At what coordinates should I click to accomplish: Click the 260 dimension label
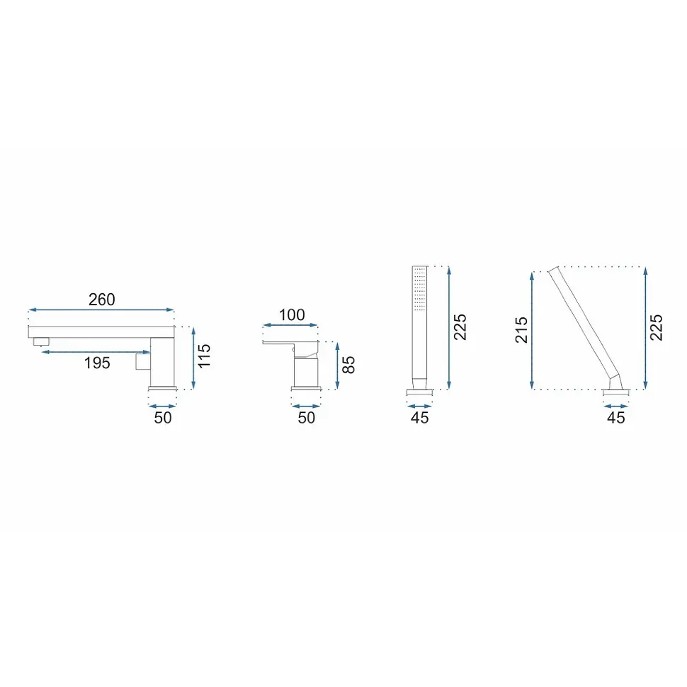tap(102, 300)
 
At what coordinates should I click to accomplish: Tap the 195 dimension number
tap(97, 363)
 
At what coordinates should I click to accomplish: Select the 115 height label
tap(204, 356)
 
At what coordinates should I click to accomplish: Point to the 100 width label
tap(292, 314)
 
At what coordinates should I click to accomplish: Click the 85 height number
tap(348, 365)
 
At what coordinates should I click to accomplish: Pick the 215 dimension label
tap(521, 330)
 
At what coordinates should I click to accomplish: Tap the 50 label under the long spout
tap(163, 418)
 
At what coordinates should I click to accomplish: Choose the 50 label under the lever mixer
tap(307, 418)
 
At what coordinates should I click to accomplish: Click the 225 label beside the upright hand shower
tap(460, 327)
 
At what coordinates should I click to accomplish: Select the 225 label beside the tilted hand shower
tap(656, 327)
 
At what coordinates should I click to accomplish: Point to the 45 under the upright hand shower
tap(420, 418)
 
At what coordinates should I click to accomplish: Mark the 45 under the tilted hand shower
tap(616, 418)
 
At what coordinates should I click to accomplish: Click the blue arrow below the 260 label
tap(101, 310)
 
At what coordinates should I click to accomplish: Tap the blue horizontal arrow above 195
tap(96, 352)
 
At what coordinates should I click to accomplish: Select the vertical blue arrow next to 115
tap(193, 358)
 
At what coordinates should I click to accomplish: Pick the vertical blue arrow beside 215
tap(532, 330)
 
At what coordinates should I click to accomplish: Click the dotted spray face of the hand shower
tap(420, 289)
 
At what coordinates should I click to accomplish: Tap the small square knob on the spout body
tap(143, 361)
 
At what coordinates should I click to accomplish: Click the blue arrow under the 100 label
tap(290, 325)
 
